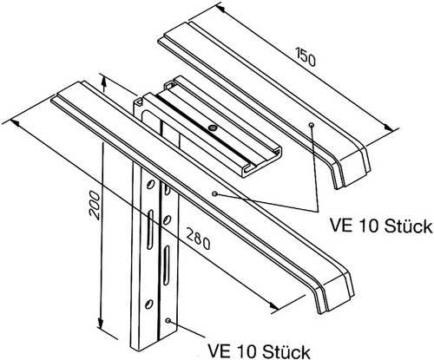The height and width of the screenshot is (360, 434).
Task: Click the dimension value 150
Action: tap(306, 56)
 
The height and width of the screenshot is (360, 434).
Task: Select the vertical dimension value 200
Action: tap(95, 205)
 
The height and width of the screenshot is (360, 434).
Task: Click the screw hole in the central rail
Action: tap(214, 127)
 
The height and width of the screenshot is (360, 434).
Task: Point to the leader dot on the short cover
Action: tap(312, 125)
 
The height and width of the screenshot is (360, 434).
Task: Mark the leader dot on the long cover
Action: tap(214, 193)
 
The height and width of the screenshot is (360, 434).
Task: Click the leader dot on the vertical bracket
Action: tap(168, 320)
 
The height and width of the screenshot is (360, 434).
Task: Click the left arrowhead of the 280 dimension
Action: tap(15, 123)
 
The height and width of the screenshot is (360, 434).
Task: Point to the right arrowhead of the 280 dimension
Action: tap(273, 305)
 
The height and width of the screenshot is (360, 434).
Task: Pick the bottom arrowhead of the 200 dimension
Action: tap(101, 324)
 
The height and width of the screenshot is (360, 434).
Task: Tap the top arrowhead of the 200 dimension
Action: tap(104, 83)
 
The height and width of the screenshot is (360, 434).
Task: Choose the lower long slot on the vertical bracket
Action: tap(166, 265)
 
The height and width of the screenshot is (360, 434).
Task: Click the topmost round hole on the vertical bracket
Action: tap(150, 185)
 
